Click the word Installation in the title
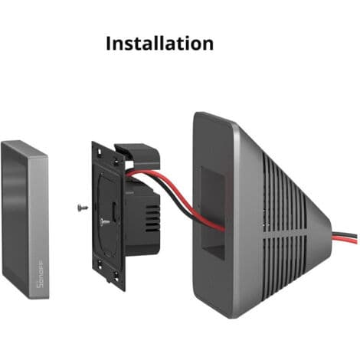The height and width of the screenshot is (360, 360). tap(159, 43)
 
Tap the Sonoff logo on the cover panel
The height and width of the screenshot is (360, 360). tap(40, 274)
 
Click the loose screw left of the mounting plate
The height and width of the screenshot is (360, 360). tap(83, 208)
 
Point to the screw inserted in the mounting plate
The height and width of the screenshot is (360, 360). tap(105, 222)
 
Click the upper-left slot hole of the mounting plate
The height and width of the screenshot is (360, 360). tap(100, 152)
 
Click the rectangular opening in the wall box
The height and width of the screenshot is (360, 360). tap(212, 213)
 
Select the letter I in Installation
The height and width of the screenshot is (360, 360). tap(109, 44)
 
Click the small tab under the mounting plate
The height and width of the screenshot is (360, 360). tap(110, 280)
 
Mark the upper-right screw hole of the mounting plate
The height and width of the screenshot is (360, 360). tap(116, 162)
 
